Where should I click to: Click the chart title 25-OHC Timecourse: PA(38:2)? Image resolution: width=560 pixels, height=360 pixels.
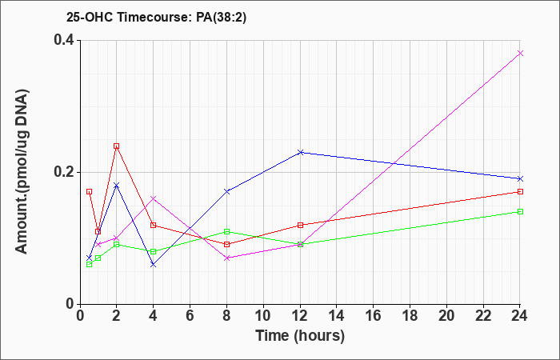[x=157, y=18]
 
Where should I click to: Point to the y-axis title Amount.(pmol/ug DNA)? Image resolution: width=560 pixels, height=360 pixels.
[x=22, y=171]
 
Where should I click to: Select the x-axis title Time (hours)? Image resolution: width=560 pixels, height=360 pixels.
[x=300, y=336]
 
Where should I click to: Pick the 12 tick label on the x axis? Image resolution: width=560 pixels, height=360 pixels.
[x=300, y=316]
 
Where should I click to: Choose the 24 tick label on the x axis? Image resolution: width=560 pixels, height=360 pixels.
[x=519, y=316]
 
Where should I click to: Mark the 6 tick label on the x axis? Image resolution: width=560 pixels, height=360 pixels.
[x=190, y=316]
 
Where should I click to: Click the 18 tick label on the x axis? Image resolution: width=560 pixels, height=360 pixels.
[x=410, y=316]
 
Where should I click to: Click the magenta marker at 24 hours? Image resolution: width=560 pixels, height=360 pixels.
[x=520, y=54]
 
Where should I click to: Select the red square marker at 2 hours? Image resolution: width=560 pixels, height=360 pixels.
[x=117, y=146]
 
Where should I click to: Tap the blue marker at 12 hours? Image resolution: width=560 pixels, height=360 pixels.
[x=300, y=153]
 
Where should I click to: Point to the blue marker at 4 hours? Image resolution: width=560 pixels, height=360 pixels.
[x=154, y=265]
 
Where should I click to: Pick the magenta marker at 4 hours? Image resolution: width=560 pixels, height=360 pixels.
[x=154, y=198]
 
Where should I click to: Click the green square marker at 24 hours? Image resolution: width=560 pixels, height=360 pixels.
[x=520, y=211]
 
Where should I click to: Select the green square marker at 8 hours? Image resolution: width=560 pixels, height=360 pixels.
[x=226, y=231]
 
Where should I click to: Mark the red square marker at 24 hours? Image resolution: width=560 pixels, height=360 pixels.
[x=520, y=191]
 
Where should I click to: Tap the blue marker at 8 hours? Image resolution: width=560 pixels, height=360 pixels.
[x=226, y=191]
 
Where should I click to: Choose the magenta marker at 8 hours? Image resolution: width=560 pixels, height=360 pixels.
[x=226, y=258]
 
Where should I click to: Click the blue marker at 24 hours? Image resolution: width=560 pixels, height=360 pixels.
[x=520, y=178]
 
